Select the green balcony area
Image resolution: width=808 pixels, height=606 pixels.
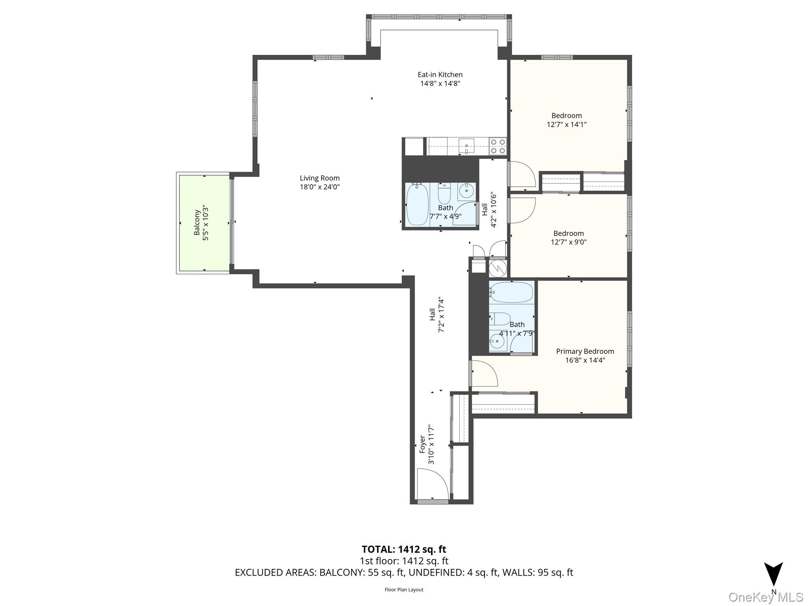pos(204,223)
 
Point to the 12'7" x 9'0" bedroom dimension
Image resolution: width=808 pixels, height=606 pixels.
pos(569,242)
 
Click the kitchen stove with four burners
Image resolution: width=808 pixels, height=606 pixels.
pos(498,146)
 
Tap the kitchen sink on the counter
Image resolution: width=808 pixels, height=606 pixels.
pos(466,146)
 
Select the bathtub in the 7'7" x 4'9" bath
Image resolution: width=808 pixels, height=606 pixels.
pos(417,205)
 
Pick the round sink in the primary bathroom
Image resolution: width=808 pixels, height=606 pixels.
pos(497,342)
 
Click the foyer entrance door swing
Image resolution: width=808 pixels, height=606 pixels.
pos(433,484)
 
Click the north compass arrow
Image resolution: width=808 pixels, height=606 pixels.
pos(773,574)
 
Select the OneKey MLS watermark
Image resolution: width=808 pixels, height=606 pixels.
pos(765,597)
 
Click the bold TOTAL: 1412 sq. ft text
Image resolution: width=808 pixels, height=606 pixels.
pos(404,549)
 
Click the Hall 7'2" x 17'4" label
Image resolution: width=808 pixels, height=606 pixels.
pos(437,315)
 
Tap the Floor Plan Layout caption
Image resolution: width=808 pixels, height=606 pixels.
pos(404,589)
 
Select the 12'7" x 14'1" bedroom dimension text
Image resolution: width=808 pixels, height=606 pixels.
pos(567,125)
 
